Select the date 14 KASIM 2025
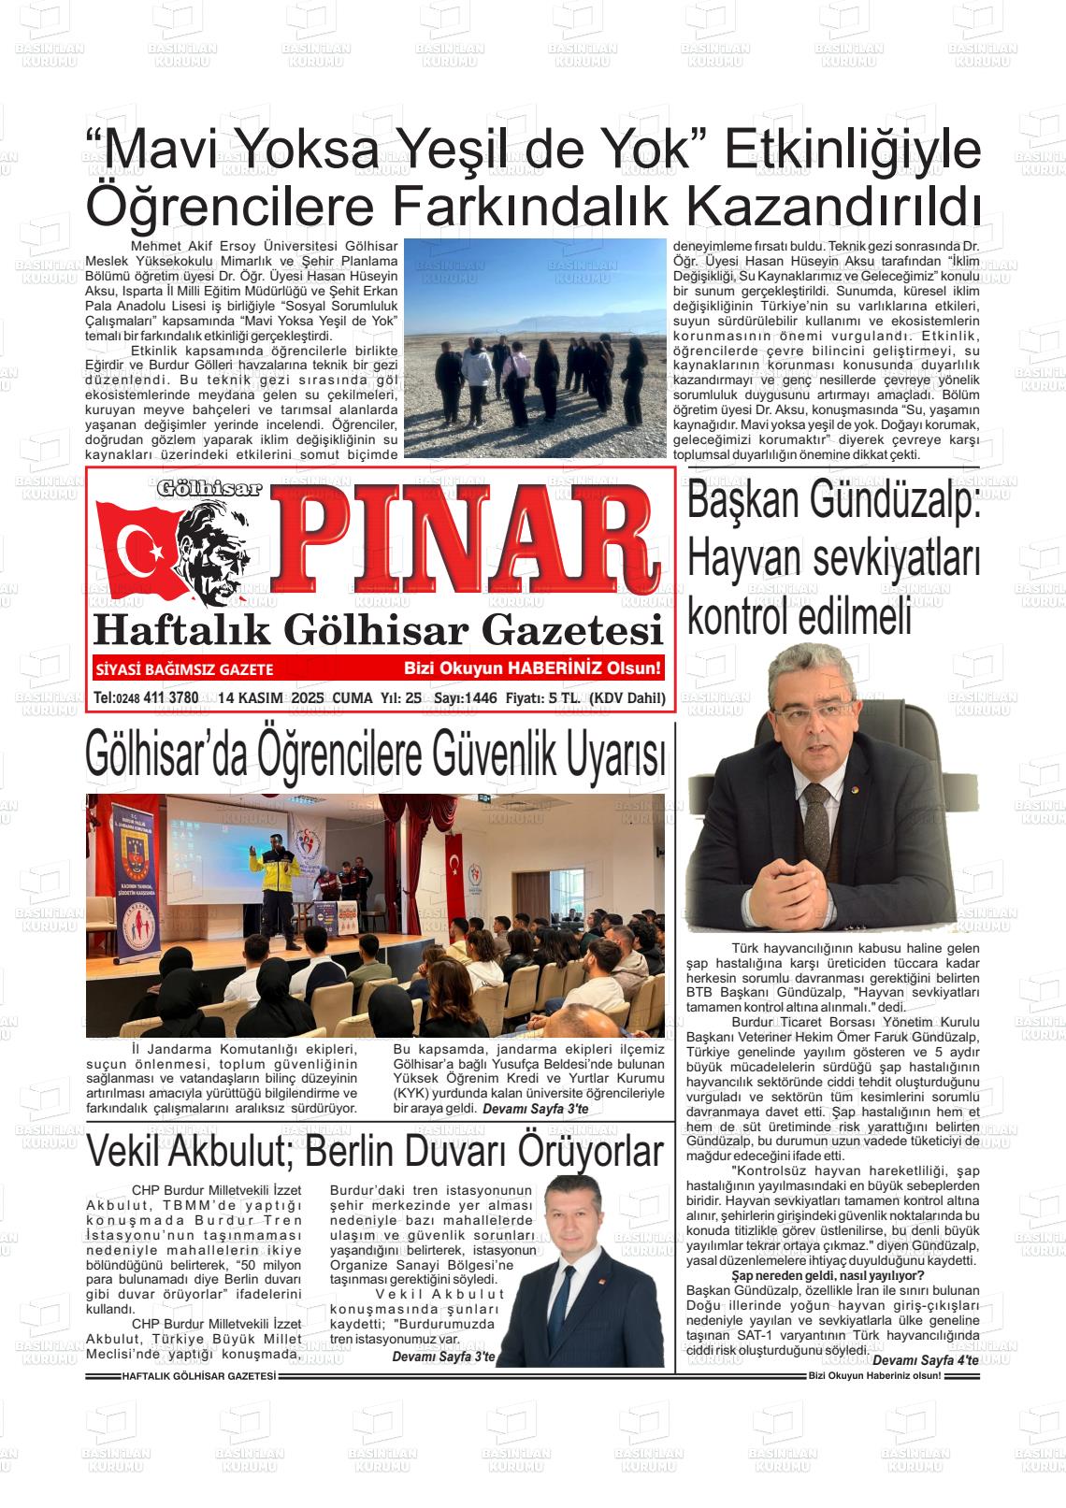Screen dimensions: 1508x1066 click(x=266, y=697)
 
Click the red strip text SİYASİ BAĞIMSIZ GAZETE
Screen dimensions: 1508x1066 click(x=184, y=669)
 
